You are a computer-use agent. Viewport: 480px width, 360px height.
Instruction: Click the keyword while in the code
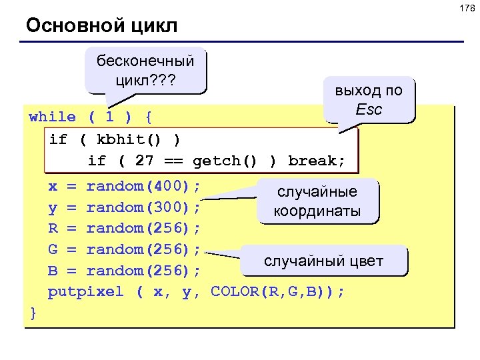click(x=53, y=117)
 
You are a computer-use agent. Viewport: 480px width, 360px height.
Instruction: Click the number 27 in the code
click(x=145, y=161)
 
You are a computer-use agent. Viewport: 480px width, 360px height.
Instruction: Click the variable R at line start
click(x=53, y=228)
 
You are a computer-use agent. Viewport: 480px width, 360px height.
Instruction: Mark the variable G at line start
click(x=53, y=249)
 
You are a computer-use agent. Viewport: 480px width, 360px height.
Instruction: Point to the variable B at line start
click(x=53, y=271)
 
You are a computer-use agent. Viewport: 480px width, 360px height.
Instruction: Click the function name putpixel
click(x=86, y=292)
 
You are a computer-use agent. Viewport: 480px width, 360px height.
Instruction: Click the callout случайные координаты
click(x=317, y=201)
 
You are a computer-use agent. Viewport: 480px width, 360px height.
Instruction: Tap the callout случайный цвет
click(x=323, y=261)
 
